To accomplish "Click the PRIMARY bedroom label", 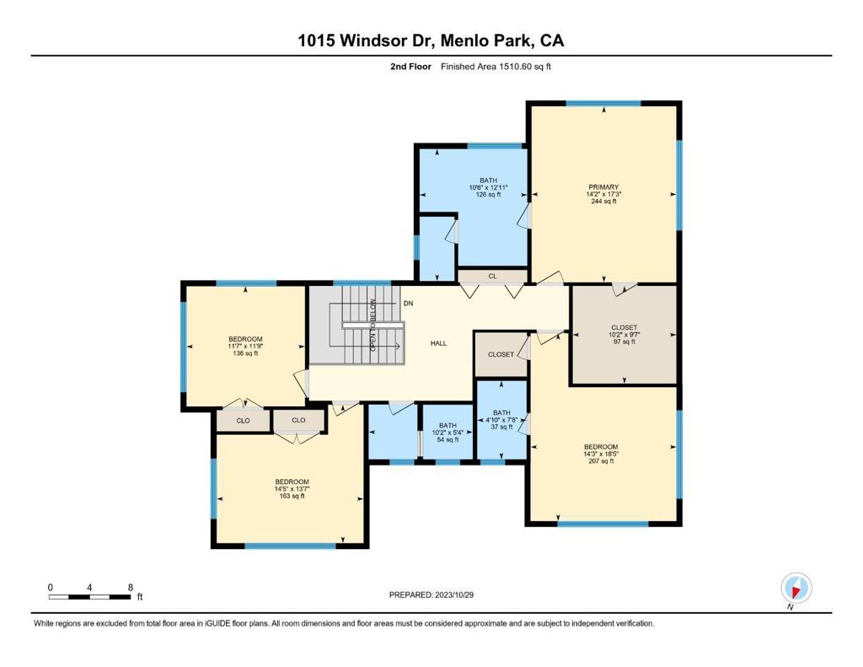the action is click(x=603, y=187).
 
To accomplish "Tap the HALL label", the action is click(x=438, y=343).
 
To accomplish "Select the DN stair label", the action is click(x=409, y=304).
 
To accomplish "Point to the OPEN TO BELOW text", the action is click(x=373, y=325).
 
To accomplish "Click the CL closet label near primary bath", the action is click(x=492, y=276).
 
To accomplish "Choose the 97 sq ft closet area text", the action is click(x=624, y=342).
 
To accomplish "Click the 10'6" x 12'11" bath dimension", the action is click(x=488, y=187).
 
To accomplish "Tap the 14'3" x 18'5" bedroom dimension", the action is click(x=601, y=454).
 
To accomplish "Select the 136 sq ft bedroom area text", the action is click(x=245, y=353).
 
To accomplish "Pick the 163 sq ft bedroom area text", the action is click(x=292, y=496).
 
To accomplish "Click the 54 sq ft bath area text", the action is click(x=448, y=439).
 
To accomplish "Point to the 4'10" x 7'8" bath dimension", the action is click(x=501, y=420).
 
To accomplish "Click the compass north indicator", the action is click(x=796, y=589).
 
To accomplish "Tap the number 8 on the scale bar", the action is click(x=131, y=587).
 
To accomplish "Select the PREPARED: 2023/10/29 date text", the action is click(x=431, y=594).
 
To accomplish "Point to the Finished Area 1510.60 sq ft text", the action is click(x=496, y=67).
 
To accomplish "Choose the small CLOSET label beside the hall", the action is click(x=501, y=355).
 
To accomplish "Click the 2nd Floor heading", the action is click(x=410, y=67).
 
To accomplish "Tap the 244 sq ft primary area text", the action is click(x=603, y=202).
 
